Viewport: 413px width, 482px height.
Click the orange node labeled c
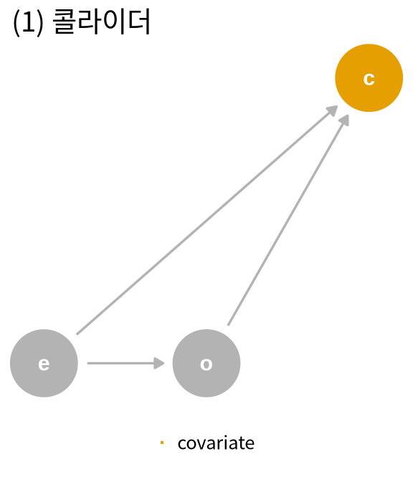pos(369,77)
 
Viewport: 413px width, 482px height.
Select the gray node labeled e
pos(44,363)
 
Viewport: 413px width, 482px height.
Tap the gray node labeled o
pos(206,363)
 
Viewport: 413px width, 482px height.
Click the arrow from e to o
pos(126,363)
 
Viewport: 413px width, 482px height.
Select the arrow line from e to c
pos(207,220)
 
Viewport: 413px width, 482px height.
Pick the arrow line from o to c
pos(288,219)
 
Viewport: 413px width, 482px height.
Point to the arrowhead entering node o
pos(159,363)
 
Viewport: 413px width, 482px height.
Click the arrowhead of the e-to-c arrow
pos(333,110)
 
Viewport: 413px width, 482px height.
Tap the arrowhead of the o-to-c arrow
pos(346,120)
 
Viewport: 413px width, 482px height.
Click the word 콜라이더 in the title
pos(102,22)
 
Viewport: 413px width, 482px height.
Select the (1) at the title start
pos(28,22)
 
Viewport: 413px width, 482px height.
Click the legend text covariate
pos(216,443)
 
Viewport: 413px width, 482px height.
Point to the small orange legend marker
pos(162,443)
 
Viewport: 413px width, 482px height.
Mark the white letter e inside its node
pos(44,364)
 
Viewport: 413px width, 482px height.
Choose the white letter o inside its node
pos(206,364)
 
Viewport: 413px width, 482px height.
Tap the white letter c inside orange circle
pos(369,79)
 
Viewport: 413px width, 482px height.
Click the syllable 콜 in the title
pos(65,22)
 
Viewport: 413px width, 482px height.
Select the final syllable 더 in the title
pos(139,22)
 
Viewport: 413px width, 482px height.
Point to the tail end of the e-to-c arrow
pos(77,334)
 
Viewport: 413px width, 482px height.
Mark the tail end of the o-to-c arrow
pos(228,325)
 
